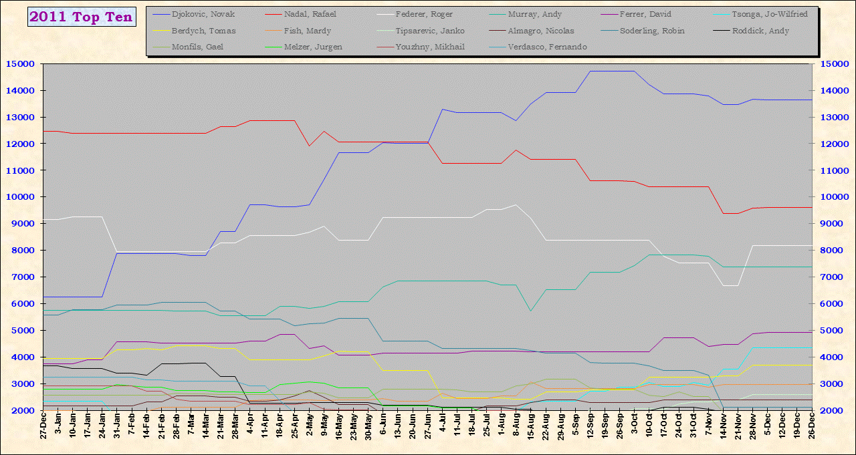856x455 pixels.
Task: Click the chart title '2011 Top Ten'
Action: [x=82, y=17]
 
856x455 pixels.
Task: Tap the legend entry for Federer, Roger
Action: [x=424, y=14]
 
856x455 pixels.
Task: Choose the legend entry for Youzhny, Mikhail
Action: [x=430, y=47]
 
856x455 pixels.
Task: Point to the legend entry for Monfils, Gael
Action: [x=198, y=47]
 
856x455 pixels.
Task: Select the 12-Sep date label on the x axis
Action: [x=590, y=431]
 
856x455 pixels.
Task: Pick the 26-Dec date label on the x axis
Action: [x=811, y=431]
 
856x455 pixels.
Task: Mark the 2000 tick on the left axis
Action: [x=22, y=411]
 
